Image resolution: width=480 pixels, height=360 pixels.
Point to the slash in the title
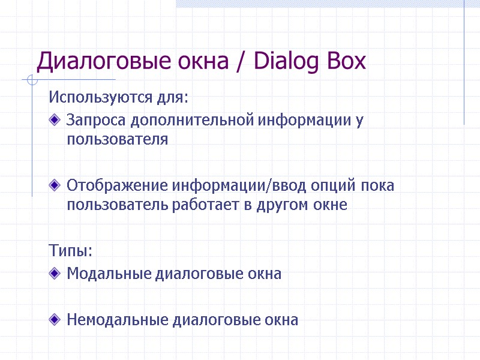(242, 62)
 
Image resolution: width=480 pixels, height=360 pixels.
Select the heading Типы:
(71, 250)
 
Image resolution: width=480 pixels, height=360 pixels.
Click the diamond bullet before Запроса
(56, 121)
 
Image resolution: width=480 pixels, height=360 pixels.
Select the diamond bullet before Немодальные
(56, 320)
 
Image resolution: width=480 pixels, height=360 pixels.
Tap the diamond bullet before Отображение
(56, 185)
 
